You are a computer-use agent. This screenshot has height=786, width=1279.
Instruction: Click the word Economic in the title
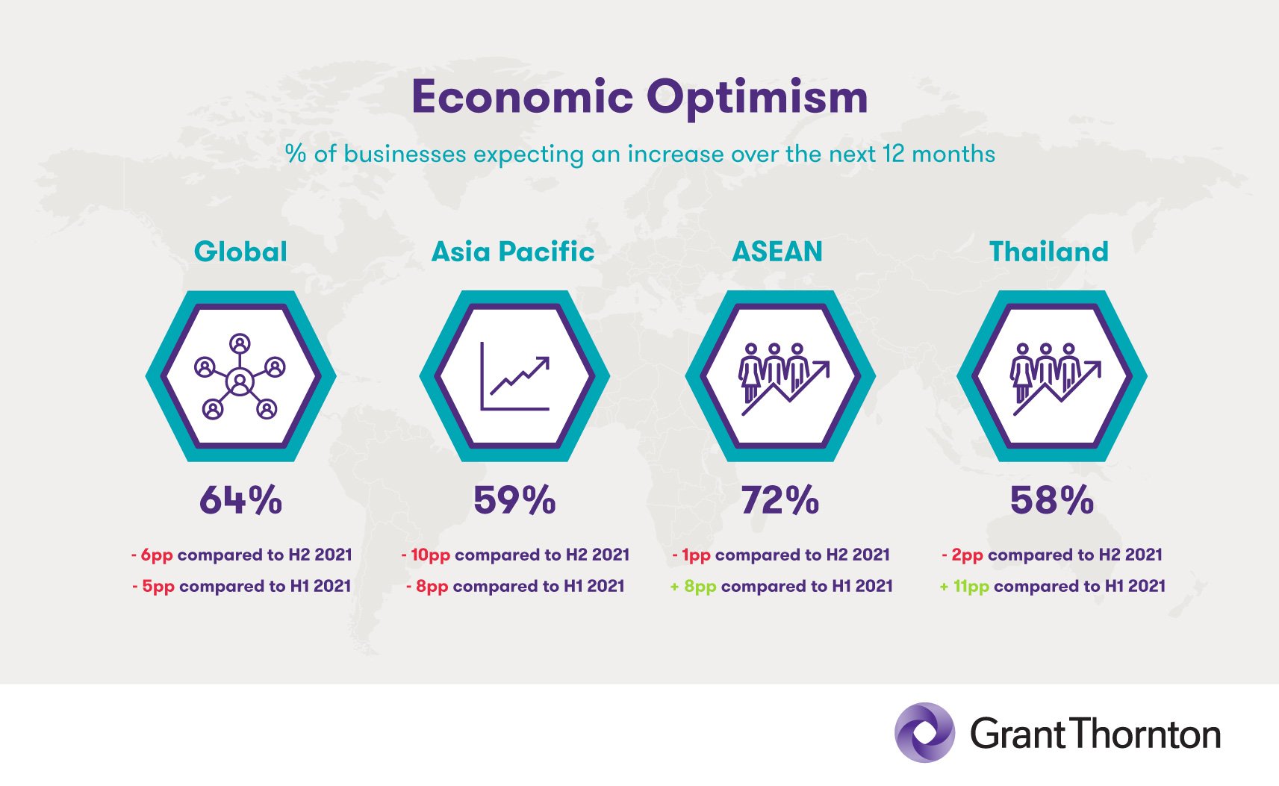click(523, 96)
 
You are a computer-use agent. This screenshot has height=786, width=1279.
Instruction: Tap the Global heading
click(240, 252)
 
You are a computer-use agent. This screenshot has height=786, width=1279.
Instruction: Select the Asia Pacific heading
click(513, 252)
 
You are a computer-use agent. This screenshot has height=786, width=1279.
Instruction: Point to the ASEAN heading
click(777, 252)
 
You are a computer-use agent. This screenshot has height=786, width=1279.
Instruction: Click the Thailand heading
click(1049, 252)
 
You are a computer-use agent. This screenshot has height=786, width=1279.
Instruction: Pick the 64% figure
click(240, 500)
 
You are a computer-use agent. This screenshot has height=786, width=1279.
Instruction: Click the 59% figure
click(514, 500)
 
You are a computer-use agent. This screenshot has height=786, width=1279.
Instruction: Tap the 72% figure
click(780, 500)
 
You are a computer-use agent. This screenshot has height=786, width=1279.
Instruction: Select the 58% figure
click(1052, 500)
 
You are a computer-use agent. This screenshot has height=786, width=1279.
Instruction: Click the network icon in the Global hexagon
click(240, 377)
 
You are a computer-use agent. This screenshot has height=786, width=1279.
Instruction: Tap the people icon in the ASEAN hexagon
click(782, 379)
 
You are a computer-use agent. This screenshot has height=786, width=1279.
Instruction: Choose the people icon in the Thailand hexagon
click(1054, 379)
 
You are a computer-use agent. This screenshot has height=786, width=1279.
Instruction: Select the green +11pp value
click(965, 587)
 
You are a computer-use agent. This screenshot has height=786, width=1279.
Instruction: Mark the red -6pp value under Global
click(152, 555)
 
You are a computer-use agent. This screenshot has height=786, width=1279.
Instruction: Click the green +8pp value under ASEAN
click(693, 587)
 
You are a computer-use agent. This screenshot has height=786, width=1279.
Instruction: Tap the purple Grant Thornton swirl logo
click(924, 732)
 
